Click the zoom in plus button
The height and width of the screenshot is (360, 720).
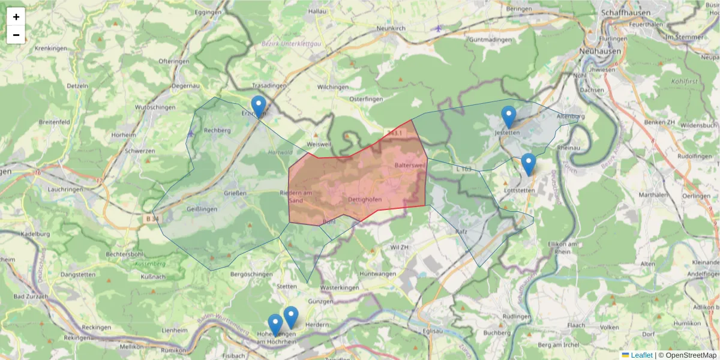[16, 17]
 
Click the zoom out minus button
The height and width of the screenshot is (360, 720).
[16, 35]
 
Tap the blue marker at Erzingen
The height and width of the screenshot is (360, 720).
[259, 107]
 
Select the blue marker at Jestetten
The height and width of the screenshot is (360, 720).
[509, 117]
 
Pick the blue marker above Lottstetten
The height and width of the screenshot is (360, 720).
[528, 164]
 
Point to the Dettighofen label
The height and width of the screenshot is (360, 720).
[365, 199]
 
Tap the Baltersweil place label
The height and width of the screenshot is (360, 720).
[410, 165]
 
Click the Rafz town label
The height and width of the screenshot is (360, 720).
[461, 231]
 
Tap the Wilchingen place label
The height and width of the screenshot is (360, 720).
[332, 87]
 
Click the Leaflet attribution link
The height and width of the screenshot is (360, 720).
[641, 355]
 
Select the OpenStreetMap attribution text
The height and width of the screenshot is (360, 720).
[687, 355]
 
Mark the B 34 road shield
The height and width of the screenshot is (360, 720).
[152, 219]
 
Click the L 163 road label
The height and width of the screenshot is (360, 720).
[463, 169]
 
